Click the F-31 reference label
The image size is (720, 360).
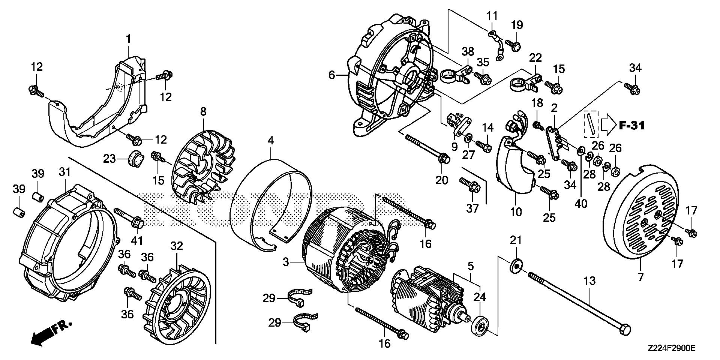click(x=631, y=126)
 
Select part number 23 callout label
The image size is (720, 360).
click(x=110, y=159)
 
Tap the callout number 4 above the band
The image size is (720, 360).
click(x=271, y=141)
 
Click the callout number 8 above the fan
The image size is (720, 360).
click(x=203, y=111)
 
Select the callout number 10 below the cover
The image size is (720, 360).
click(x=516, y=212)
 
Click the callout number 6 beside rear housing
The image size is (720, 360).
click(x=331, y=75)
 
